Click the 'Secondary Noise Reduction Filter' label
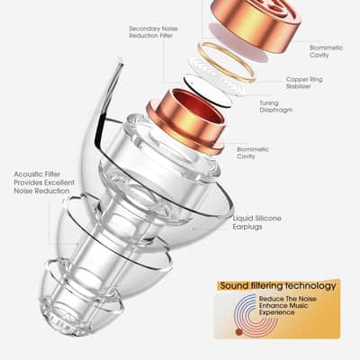point(153,32)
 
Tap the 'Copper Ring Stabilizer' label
point(304,83)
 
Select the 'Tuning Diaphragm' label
point(275,106)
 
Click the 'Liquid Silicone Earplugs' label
point(256,222)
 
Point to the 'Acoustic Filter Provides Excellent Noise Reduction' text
point(44,183)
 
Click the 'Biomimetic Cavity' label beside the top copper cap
point(326,51)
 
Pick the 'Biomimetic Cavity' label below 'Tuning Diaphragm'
point(253,153)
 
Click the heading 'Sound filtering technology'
point(278,285)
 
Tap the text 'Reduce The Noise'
point(287,299)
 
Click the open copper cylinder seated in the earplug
point(185,121)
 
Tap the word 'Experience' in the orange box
point(276,312)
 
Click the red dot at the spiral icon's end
point(238,332)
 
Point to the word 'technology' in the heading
point(310,285)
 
